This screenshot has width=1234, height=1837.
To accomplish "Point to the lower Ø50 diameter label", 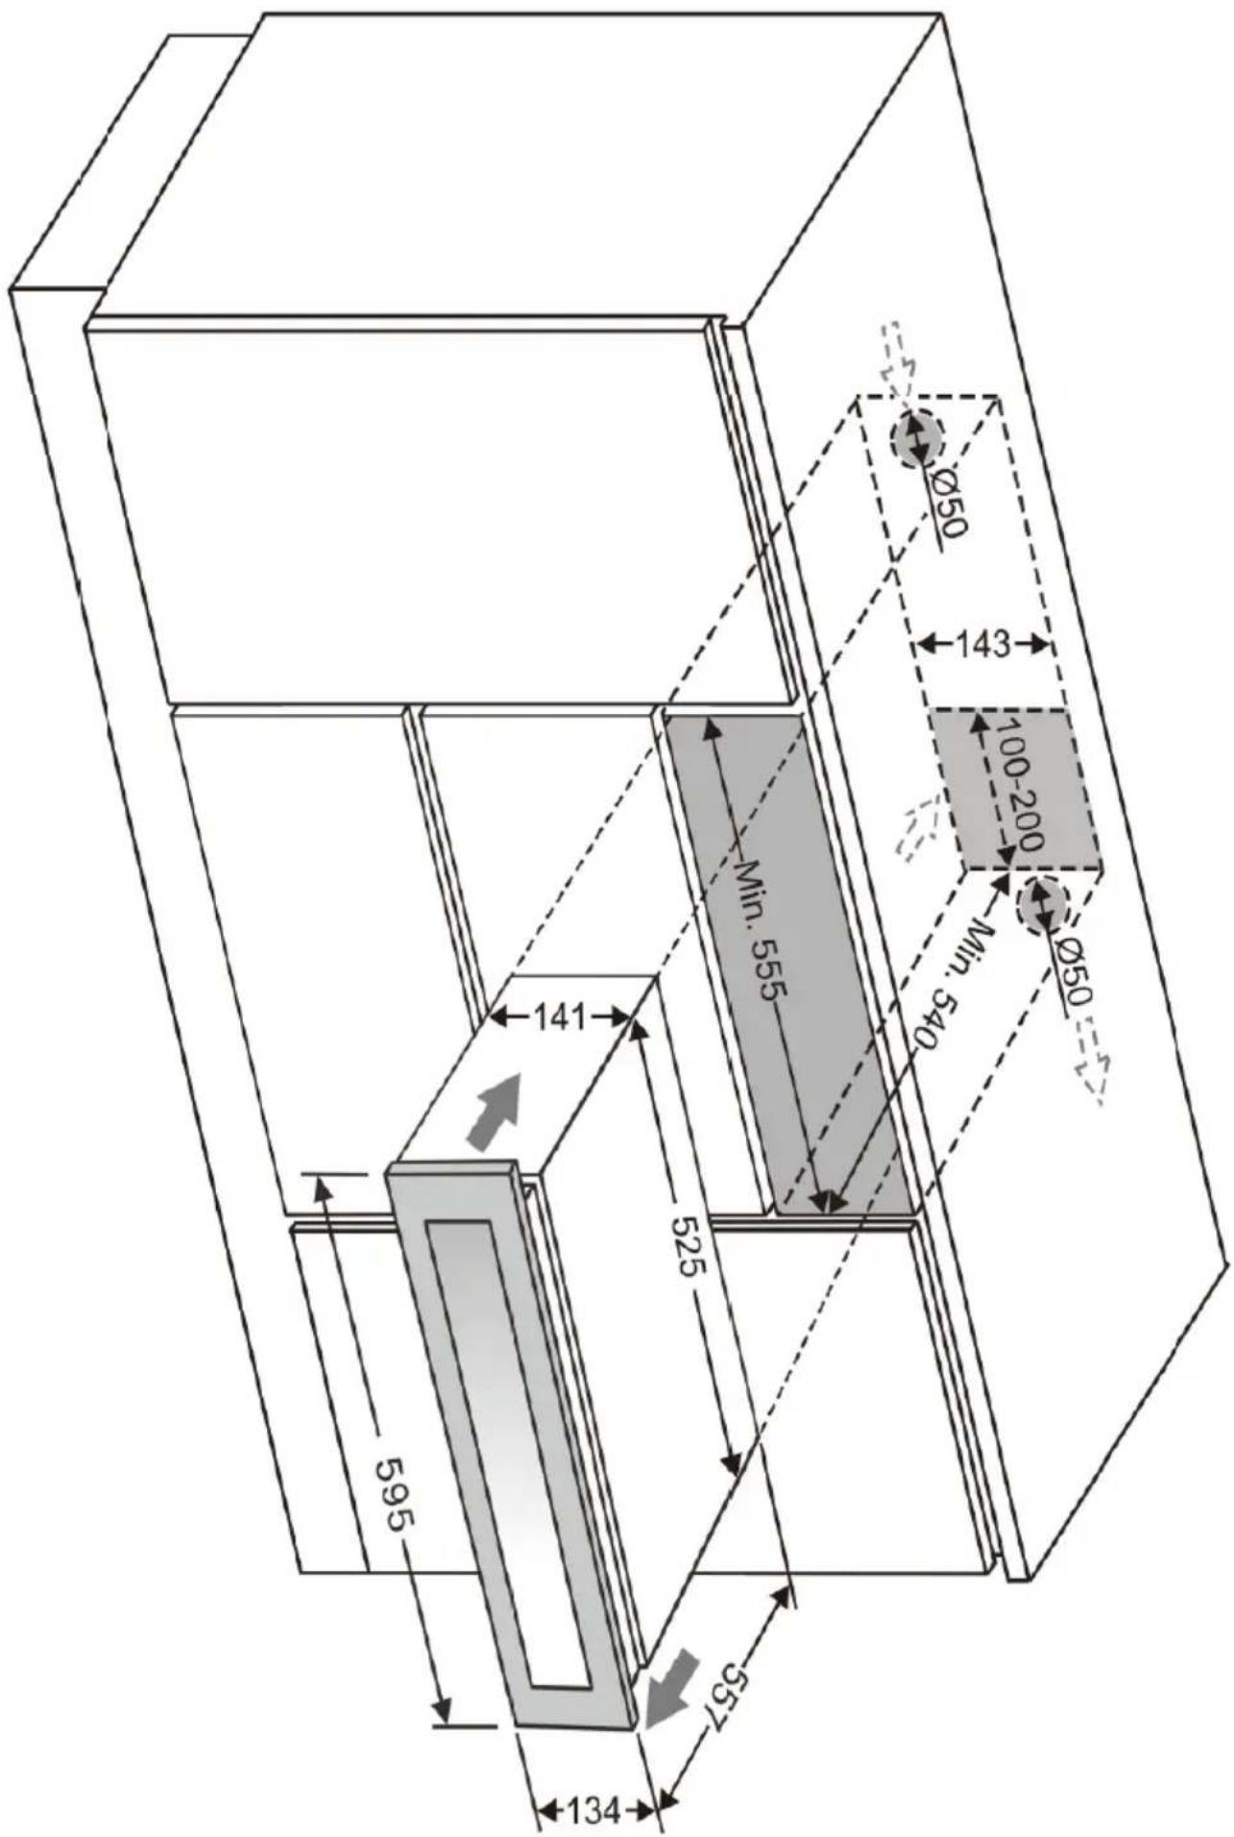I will (x=1072, y=972).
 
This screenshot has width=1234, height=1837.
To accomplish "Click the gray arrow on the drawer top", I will (x=495, y=1109).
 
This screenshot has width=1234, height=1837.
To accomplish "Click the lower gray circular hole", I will (x=1041, y=903).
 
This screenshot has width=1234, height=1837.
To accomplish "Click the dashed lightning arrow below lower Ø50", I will (x=1095, y=1062).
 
